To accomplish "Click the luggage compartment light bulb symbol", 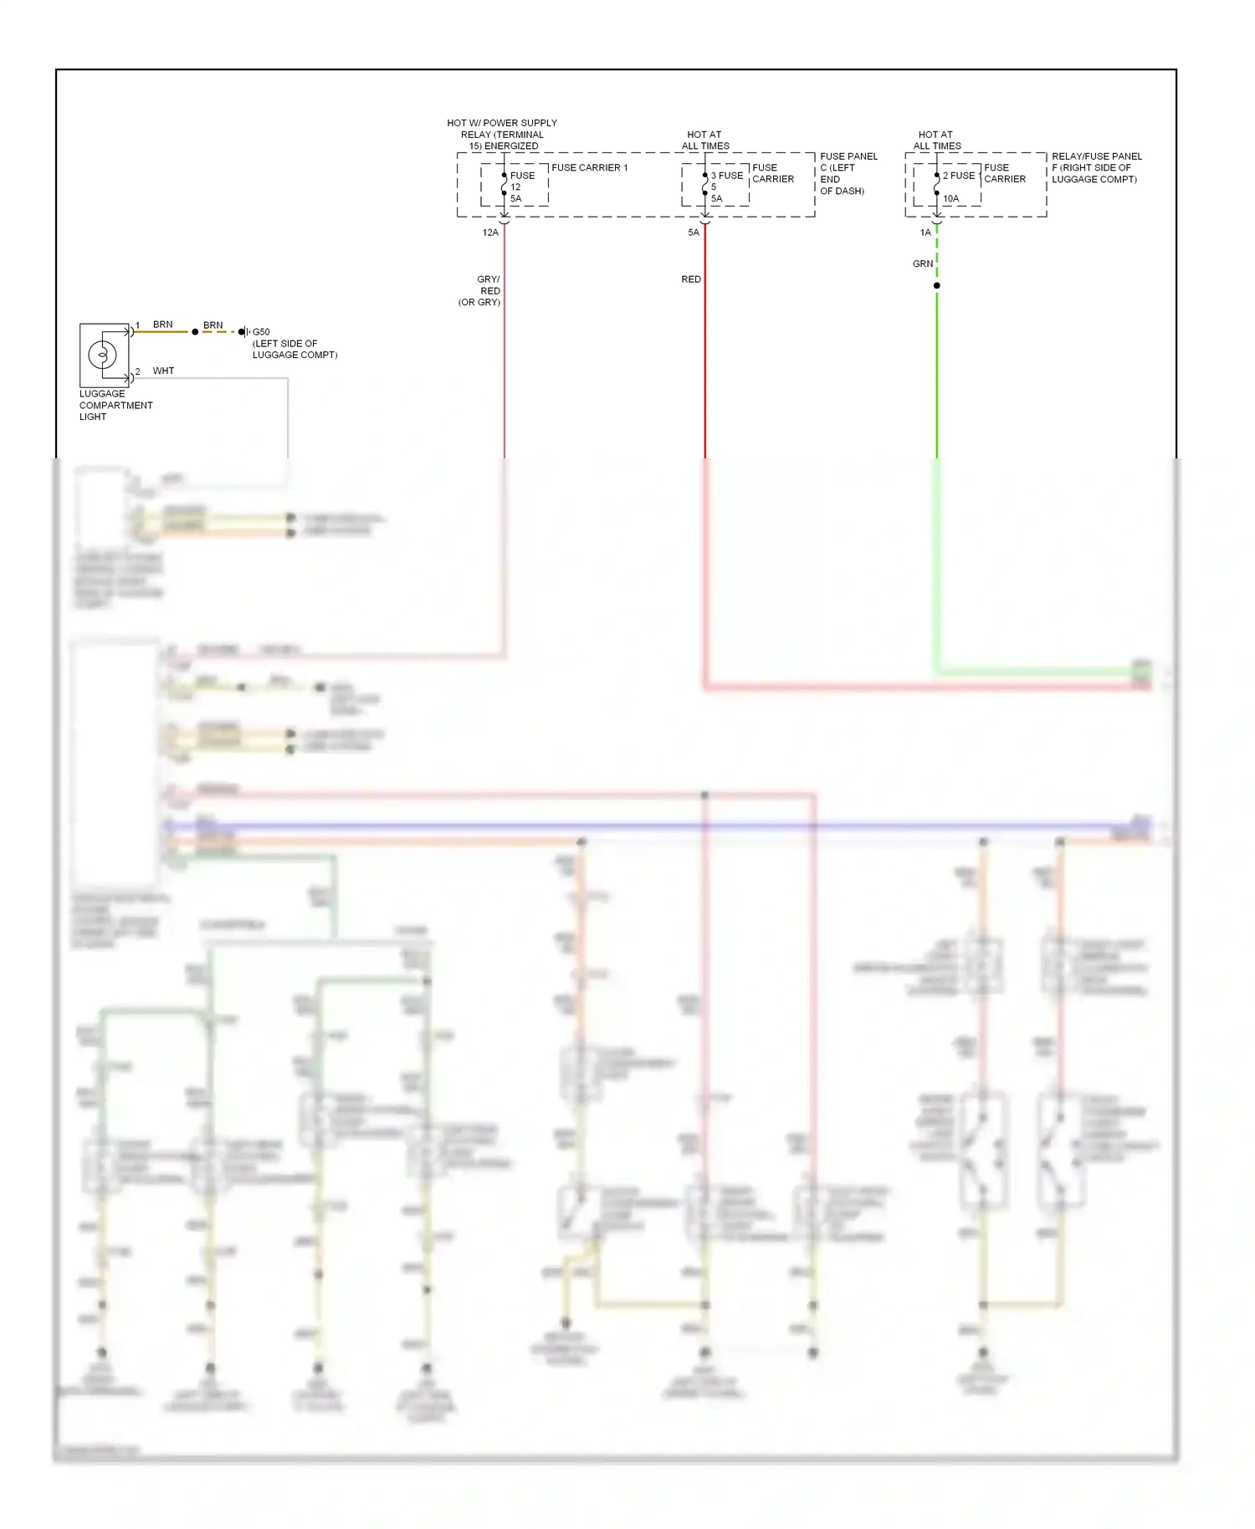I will click(102, 355).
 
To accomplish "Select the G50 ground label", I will click(261, 332).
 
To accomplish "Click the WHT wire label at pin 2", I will click(163, 371).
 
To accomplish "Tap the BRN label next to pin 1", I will click(162, 325).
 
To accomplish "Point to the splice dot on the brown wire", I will click(195, 332).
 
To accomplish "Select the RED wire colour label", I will click(691, 279).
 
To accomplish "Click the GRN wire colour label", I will click(922, 263).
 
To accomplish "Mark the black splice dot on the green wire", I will click(937, 286).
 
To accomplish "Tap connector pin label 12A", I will click(490, 233).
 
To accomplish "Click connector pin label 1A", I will click(925, 233).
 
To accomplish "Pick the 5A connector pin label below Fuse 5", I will click(694, 233).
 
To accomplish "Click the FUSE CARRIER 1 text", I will click(589, 168).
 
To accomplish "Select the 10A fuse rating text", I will click(951, 199).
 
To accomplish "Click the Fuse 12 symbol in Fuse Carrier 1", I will click(504, 186).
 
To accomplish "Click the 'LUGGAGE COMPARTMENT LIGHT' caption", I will click(115, 405).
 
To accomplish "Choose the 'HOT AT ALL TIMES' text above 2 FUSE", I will click(936, 140).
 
